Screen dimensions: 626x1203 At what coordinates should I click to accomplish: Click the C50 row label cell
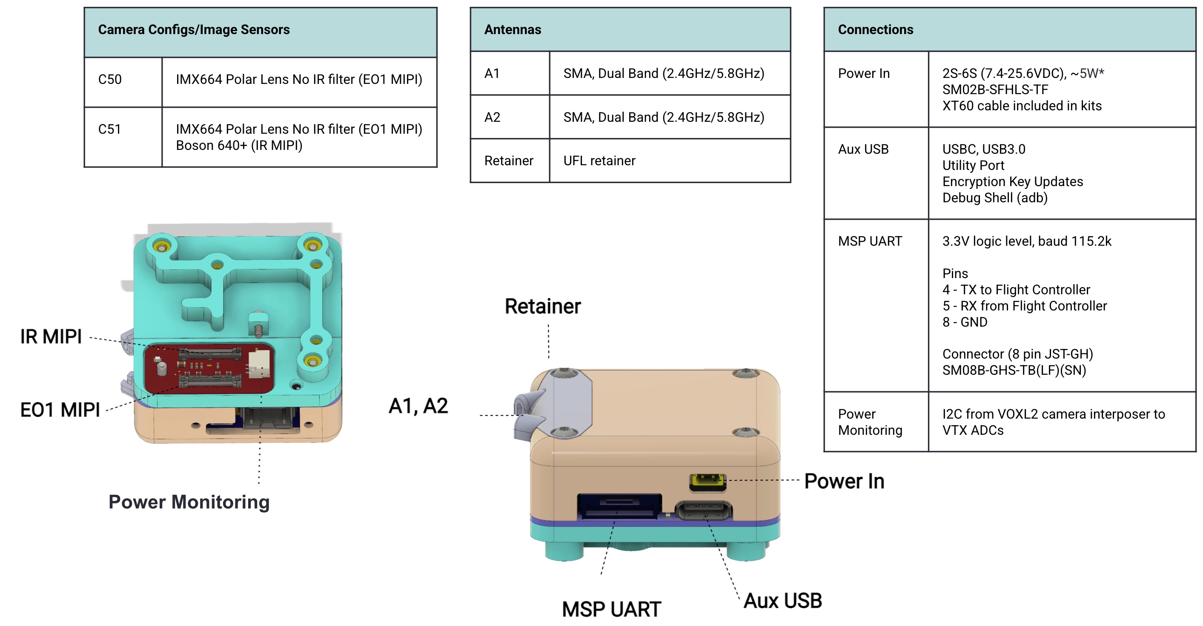coord(110,79)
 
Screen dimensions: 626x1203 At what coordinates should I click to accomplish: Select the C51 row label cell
coord(110,129)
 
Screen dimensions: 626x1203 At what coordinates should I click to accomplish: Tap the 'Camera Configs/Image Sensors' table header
coord(194,30)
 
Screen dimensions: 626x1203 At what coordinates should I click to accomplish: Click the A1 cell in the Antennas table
coord(492,73)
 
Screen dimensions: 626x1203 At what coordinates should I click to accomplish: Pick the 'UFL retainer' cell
coord(599,161)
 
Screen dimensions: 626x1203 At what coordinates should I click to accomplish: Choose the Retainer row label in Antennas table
coord(509,161)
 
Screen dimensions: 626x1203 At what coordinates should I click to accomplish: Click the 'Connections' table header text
coord(875,30)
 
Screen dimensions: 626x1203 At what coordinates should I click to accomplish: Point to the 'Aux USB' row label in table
coord(863,149)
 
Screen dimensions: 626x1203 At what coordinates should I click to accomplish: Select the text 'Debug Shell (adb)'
coord(995,198)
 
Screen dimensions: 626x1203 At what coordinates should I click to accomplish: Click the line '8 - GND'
coord(965,322)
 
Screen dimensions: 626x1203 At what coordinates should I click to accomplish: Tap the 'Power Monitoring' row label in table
coord(870,422)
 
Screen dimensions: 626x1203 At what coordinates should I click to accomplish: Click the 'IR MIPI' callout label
coord(51,336)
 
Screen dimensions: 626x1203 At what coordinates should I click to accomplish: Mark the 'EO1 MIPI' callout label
coord(60,410)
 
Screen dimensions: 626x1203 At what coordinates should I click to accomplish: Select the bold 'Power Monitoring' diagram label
coord(189,502)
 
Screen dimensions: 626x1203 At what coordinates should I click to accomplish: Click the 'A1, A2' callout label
coord(418,406)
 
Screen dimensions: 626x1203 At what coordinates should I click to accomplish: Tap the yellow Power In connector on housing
coord(707,481)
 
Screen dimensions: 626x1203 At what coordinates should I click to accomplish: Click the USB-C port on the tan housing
coord(703,511)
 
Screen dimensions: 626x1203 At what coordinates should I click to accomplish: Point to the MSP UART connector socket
coord(619,505)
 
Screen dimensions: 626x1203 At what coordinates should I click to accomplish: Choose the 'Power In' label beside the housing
coord(844,481)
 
